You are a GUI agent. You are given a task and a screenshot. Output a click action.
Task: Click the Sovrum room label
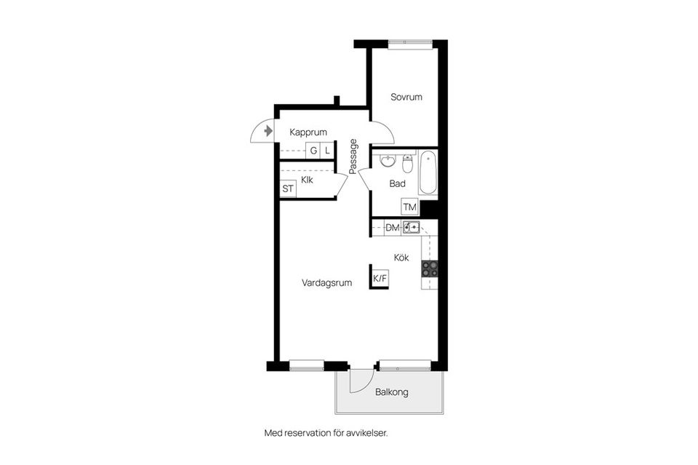[x=406, y=97]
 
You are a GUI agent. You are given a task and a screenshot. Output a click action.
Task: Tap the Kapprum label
[x=308, y=132]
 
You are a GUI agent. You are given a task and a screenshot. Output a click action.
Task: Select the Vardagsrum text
[x=326, y=283]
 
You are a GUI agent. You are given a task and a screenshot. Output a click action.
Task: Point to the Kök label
[x=402, y=258]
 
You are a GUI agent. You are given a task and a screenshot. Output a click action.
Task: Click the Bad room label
[x=397, y=184]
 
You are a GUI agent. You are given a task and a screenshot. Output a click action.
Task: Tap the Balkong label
[x=391, y=392]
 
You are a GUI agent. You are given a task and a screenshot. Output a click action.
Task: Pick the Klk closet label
[x=307, y=180]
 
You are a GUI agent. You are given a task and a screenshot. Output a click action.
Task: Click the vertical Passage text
[x=353, y=156]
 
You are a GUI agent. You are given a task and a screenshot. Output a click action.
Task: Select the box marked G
[x=313, y=151]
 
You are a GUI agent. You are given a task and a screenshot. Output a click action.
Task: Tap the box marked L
[x=327, y=151]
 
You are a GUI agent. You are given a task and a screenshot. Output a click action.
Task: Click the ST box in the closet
[x=289, y=189]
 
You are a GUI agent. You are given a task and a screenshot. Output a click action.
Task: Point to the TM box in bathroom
[x=410, y=207]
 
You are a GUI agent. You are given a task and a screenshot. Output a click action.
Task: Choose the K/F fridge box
[x=380, y=279]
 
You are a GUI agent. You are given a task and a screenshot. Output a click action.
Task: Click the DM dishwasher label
[x=393, y=228]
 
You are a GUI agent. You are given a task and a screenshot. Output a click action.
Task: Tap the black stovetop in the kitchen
[x=429, y=269]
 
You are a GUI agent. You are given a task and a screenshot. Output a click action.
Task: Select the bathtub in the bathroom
[x=428, y=172]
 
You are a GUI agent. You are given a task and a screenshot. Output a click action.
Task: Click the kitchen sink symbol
[x=412, y=228]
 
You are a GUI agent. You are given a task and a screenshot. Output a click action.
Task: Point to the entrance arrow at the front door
[x=268, y=132]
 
